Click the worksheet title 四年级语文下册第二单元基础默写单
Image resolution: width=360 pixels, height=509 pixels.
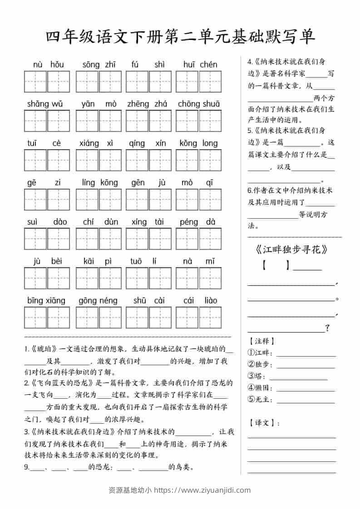pos(180,37)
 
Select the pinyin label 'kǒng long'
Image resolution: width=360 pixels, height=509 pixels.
pos(198,143)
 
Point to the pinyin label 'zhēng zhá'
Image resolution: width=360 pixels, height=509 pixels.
pos(148,104)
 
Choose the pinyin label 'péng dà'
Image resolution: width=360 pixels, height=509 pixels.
pos(198,222)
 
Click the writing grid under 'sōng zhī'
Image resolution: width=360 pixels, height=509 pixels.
pos(99,82)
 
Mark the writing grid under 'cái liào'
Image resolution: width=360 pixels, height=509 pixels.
pos(198,317)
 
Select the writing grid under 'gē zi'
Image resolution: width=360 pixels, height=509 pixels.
pos(47,200)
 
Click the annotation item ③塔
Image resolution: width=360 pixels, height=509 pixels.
pos(257,376)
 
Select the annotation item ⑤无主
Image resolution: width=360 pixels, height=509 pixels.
pos(260,400)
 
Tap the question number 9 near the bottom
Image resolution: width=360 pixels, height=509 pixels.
pos(27,467)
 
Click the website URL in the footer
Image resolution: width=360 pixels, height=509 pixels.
pos(202,490)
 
